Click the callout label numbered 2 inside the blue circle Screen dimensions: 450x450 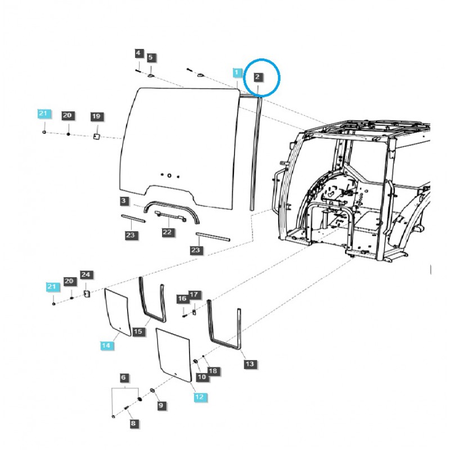point(257,77)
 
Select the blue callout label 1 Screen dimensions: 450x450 point(236,73)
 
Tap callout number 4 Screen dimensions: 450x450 point(138,53)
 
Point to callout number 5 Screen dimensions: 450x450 point(151,57)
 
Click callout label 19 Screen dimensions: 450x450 point(96,116)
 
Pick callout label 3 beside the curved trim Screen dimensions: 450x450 point(124,201)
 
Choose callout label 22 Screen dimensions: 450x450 point(167,232)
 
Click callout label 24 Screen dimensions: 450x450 point(86,274)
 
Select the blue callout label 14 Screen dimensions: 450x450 point(106,345)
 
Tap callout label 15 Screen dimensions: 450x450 point(138,331)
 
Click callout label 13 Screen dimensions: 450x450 point(250,364)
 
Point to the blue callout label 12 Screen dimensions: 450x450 point(199,397)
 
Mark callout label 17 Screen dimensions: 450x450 point(193,294)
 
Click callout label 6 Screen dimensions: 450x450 point(123,377)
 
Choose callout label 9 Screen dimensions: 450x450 point(161,405)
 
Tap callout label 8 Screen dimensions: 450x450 point(133,424)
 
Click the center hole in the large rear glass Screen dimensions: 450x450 point(169,175)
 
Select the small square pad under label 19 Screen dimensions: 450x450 point(96,137)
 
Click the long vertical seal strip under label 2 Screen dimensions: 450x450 point(256,154)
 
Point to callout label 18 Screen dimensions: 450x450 point(213,371)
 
